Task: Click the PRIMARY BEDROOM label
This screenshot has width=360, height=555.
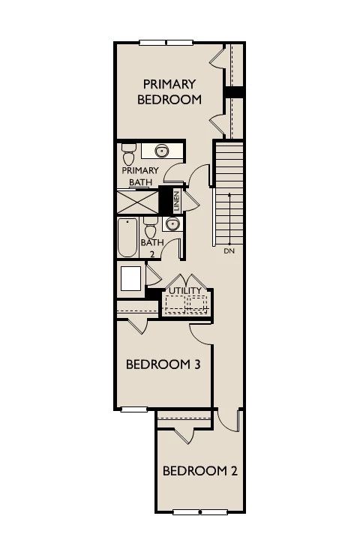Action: pyautogui.click(x=169, y=91)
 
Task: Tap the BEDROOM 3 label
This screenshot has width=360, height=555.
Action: pyautogui.click(x=163, y=364)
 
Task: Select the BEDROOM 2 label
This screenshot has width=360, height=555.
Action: pyautogui.click(x=200, y=471)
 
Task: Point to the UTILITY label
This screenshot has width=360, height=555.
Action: pyautogui.click(x=184, y=290)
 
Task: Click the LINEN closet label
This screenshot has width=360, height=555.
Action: pyautogui.click(x=176, y=201)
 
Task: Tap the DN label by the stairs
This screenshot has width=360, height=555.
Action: pyautogui.click(x=229, y=251)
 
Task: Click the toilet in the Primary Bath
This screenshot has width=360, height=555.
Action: pyautogui.click(x=129, y=154)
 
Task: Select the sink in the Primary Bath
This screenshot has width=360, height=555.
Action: pyautogui.click(x=162, y=151)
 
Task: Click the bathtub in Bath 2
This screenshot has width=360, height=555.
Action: pyautogui.click(x=127, y=238)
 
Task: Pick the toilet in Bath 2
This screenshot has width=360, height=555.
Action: pyautogui.click(x=151, y=228)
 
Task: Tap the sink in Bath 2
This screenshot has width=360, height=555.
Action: pyautogui.click(x=172, y=224)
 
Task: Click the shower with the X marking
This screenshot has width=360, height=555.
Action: pyautogui.click(x=137, y=202)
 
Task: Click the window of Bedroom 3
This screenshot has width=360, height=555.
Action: pyautogui.click(x=133, y=409)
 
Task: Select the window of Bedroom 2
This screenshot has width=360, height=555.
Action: pyautogui.click(x=200, y=511)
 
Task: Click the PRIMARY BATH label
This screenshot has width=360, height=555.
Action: pyautogui.click(x=140, y=176)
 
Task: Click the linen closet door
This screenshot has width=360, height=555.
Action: pyautogui.click(x=190, y=200)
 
